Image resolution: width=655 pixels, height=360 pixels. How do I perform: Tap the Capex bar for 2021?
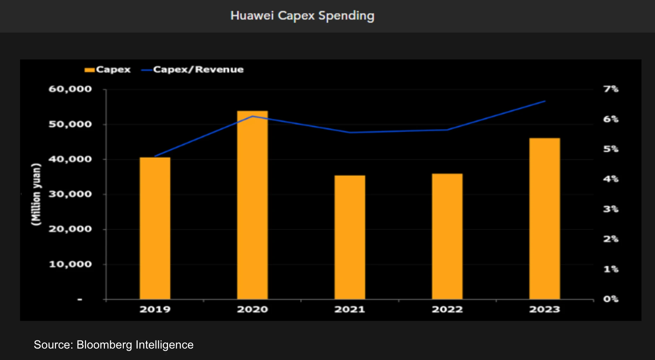tap(350, 237)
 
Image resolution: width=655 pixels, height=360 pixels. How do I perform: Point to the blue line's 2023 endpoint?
tap(545, 101)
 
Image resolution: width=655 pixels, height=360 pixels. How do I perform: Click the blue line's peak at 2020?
tap(252, 116)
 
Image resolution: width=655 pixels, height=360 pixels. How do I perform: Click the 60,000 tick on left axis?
tap(70, 89)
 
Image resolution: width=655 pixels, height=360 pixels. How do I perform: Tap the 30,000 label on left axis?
tap(70, 194)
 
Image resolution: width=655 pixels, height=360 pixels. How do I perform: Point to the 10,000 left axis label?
tap(70, 264)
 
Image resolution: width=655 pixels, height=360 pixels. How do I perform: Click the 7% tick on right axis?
tap(611, 89)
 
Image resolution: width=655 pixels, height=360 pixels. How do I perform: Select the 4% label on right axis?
tap(611, 179)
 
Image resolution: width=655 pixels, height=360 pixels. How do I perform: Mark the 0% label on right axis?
tap(611, 299)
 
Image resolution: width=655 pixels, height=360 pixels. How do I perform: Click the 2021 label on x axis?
tap(350, 309)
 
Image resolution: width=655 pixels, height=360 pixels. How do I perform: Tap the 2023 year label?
tap(545, 309)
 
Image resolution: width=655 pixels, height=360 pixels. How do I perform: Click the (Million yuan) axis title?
tap(36, 194)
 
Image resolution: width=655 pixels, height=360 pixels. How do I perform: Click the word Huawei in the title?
tap(252, 16)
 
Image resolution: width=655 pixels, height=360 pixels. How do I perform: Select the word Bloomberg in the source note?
tap(104, 345)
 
